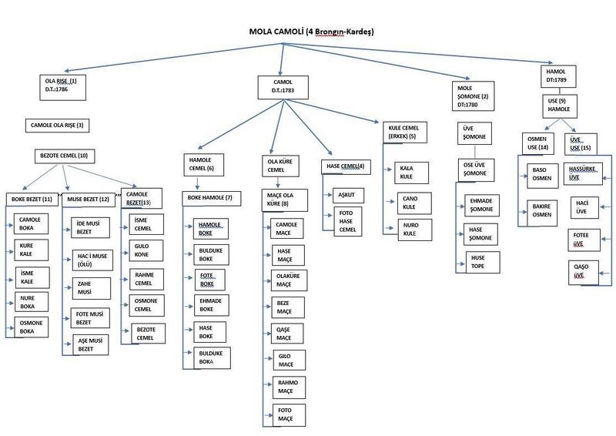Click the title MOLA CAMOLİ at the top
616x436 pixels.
[276, 32]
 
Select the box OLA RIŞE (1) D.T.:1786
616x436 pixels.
[63, 87]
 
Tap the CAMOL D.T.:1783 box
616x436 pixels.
[283, 87]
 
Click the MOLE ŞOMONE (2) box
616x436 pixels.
[473, 96]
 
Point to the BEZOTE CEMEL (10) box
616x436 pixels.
[65, 156]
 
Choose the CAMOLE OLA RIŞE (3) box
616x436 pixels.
[57, 126]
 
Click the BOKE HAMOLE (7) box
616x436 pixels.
[211, 198]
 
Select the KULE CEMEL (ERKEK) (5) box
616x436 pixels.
[405, 132]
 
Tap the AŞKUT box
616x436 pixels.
[348, 196]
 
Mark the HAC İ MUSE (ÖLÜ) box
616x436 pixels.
[92, 260]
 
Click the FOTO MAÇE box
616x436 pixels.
[288, 414]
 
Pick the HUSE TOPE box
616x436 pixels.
[483, 262]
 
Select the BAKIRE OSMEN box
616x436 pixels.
[542, 213]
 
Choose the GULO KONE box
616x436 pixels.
[146, 250]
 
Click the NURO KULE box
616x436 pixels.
[415, 230]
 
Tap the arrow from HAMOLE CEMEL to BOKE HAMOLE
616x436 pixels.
[197, 183]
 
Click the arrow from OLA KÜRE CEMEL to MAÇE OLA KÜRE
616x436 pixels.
[278, 183]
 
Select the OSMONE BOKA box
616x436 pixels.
[31, 327]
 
